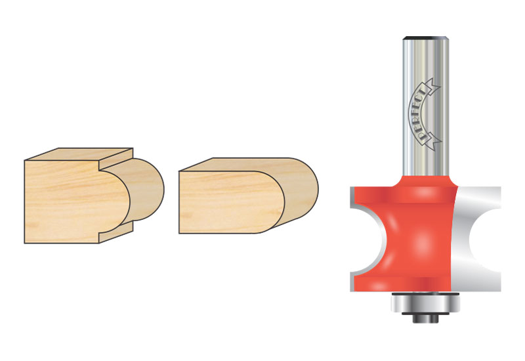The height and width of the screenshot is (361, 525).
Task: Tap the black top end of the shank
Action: (x=425, y=38)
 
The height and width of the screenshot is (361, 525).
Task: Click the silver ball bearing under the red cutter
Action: (x=425, y=303)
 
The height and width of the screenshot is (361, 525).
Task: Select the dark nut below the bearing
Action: (x=425, y=318)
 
